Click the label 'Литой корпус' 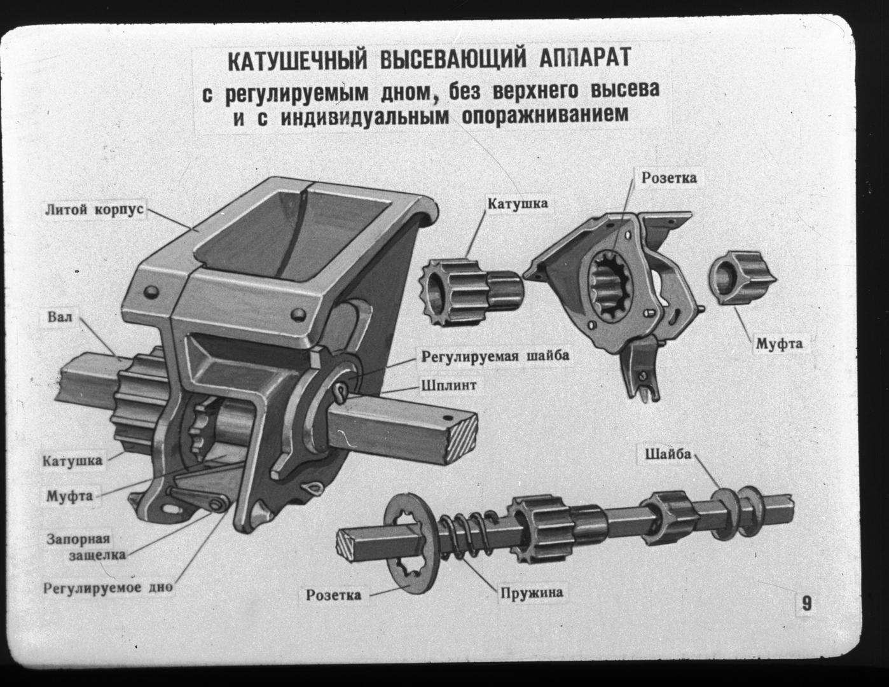pos(94,209)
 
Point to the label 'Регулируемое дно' pos(107,587)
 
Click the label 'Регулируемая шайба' pos(493,356)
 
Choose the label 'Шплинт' pos(448,385)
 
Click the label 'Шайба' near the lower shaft pos(668,454)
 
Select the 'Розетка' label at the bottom pos(333,595)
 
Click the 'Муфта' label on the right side pos(778,343)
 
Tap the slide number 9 pos(806,602)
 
